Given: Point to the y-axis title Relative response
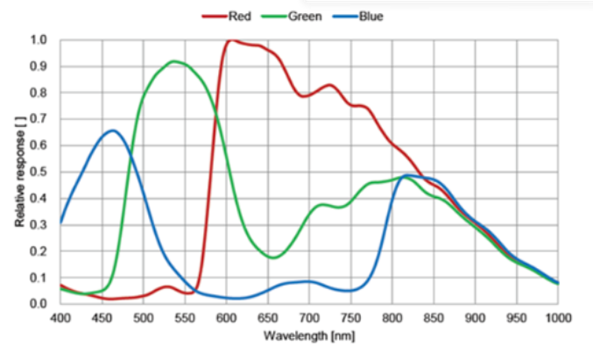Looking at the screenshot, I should coord(19,172).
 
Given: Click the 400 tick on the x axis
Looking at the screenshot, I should coord(60,318).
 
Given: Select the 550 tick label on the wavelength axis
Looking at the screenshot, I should coord(185,318).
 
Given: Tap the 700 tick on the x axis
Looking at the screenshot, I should coord(309,318).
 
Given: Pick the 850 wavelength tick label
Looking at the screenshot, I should coord(434,318).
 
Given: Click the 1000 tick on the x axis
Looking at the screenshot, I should coord(557,318).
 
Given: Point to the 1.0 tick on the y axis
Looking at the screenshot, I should coord(39,40).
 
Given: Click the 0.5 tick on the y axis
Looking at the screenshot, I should coord(39,172).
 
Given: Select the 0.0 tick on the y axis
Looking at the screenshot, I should coord(39,304).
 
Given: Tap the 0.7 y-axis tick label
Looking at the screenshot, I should coord(39,119).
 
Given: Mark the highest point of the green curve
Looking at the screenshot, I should coord(174,61).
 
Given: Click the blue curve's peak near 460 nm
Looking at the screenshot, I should coord(112,131).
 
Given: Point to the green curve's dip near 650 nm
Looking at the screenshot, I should coord(273,258).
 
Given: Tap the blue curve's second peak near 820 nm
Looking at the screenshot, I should coord(408,176).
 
